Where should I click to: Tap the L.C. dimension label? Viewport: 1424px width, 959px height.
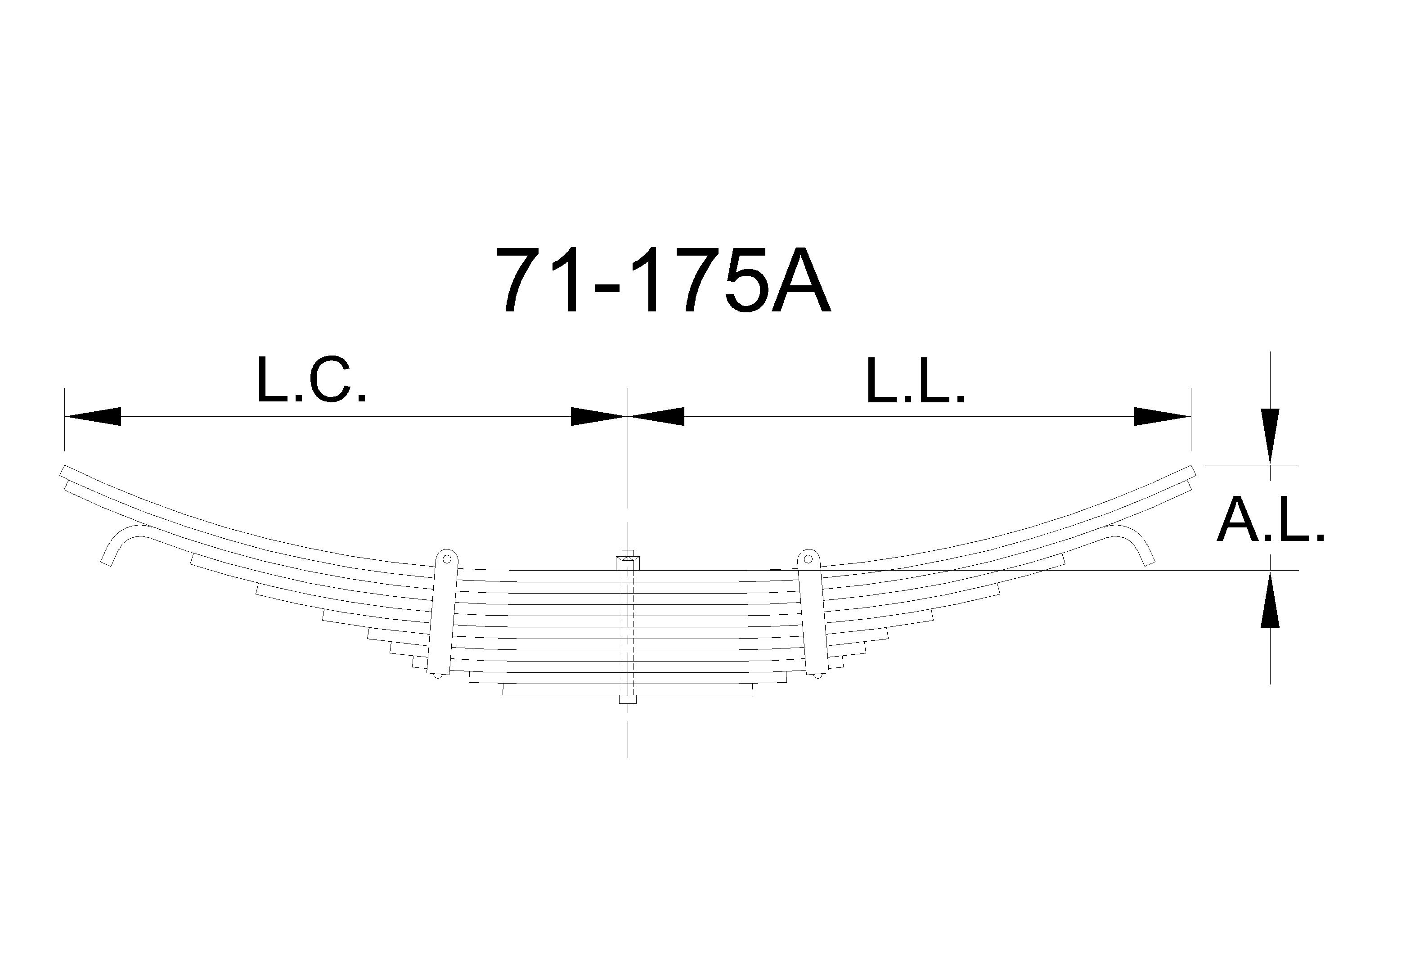pyautogui.click(x=312, y=380)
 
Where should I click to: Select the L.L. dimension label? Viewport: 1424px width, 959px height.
pyautogui.click(x=915, y=380)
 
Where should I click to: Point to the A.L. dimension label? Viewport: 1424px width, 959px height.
pyautogui.click(x=1271, y=521)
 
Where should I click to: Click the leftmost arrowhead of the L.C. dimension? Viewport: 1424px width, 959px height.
pyautogui.click(x=92, y=417)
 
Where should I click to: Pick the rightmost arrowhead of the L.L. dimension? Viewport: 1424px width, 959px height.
pyautogui.click(x=1162, y=417)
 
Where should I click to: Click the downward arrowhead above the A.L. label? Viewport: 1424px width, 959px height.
pyautogui.click(x=1271, y=436)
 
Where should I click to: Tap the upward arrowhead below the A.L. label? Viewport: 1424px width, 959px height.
pyautogui.click(x=1271, y=599)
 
